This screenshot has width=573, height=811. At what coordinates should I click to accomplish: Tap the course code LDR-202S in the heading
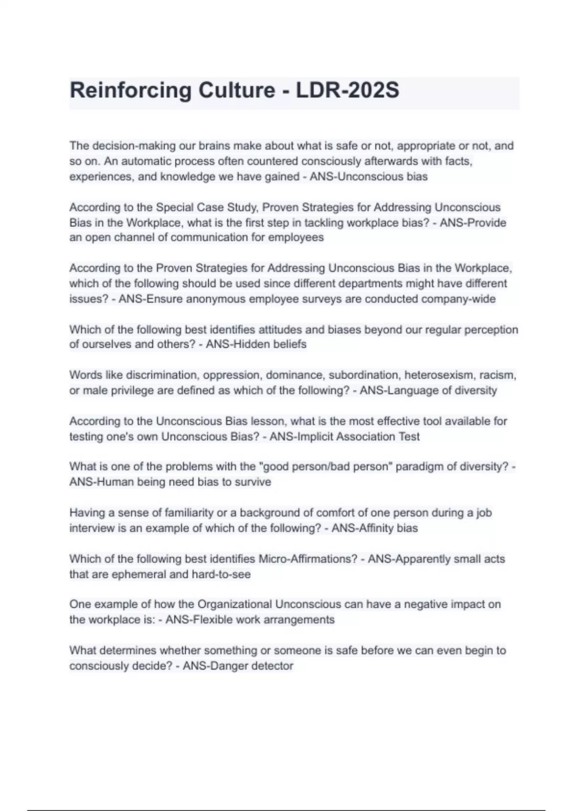click(347, 91)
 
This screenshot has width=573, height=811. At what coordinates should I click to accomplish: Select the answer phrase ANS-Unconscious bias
click(369, 177)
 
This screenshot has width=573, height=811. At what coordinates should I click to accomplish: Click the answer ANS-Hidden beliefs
click(256, 344)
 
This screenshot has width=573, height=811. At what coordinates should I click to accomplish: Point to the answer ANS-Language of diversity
click(428, 390)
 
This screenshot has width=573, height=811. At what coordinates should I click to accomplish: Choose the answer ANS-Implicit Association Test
click(344, 437)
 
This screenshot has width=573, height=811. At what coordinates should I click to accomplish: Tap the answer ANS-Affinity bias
click(374, 528)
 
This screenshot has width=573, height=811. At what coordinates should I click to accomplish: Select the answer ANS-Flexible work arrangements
click(250, 620)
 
